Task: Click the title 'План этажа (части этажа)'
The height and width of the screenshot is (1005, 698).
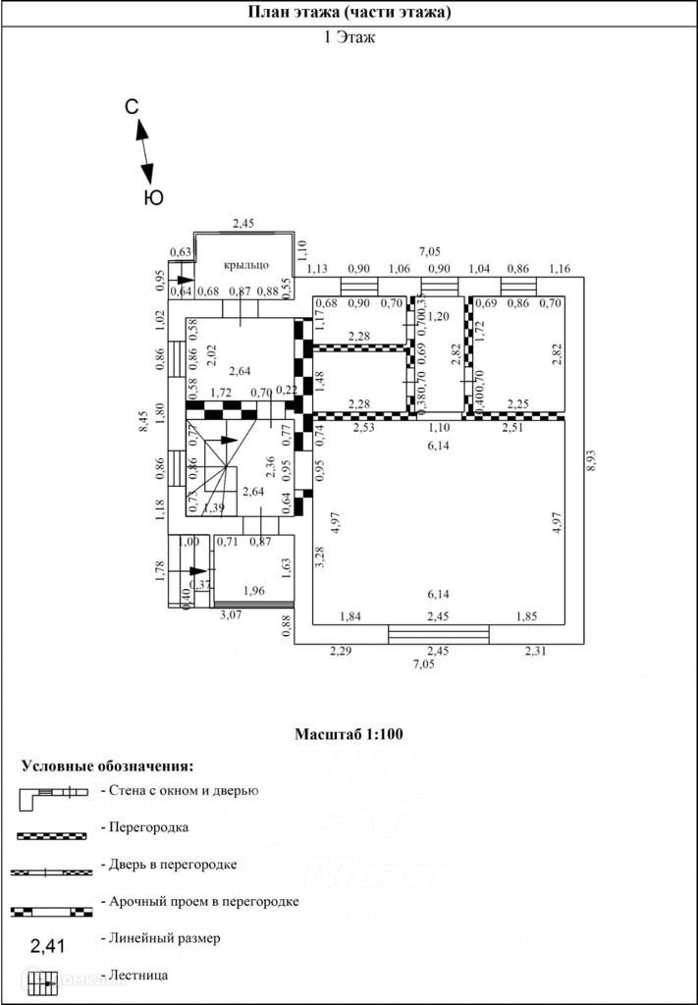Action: pos(349,13)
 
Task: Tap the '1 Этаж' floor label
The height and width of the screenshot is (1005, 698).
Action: pos(349,38)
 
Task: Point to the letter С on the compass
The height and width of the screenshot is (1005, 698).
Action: pos(132,108)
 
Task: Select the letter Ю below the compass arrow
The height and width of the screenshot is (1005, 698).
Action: pos(153,197)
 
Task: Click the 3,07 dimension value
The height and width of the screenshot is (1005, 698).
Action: pos(230,614)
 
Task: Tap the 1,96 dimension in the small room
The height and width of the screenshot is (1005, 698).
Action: pos(253,590)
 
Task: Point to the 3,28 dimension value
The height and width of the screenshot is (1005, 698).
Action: pos(319,556)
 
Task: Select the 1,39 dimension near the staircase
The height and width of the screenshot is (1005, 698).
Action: pos(214,506)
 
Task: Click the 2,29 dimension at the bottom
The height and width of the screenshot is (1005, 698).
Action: pos(340,650)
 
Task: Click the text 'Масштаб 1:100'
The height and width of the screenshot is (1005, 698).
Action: pos(349,733)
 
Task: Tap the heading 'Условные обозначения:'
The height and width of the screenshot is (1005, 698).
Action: pos(108,766)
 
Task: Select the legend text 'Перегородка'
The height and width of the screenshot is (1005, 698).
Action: pos(148,826)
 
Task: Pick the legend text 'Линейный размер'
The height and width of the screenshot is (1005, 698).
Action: pos(165,938)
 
